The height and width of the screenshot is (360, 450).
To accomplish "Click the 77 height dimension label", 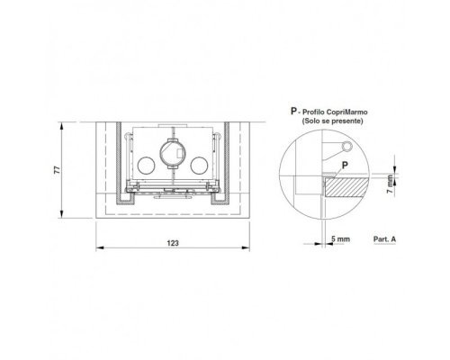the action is [x=57, y=170].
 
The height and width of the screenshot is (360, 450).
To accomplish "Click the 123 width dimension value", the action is [x=173, y=243].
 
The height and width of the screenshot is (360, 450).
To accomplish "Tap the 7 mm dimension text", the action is [x=390, y=184].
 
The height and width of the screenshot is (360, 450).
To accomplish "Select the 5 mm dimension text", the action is [x=340, y=239].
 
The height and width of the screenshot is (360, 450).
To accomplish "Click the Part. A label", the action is [x=384, y=239].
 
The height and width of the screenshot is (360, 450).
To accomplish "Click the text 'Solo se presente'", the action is [x=332, y=121].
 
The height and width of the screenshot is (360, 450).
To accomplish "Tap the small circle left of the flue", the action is [x=147, y=166].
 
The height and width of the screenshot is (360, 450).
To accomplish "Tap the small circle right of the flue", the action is [x=200, y=166].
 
